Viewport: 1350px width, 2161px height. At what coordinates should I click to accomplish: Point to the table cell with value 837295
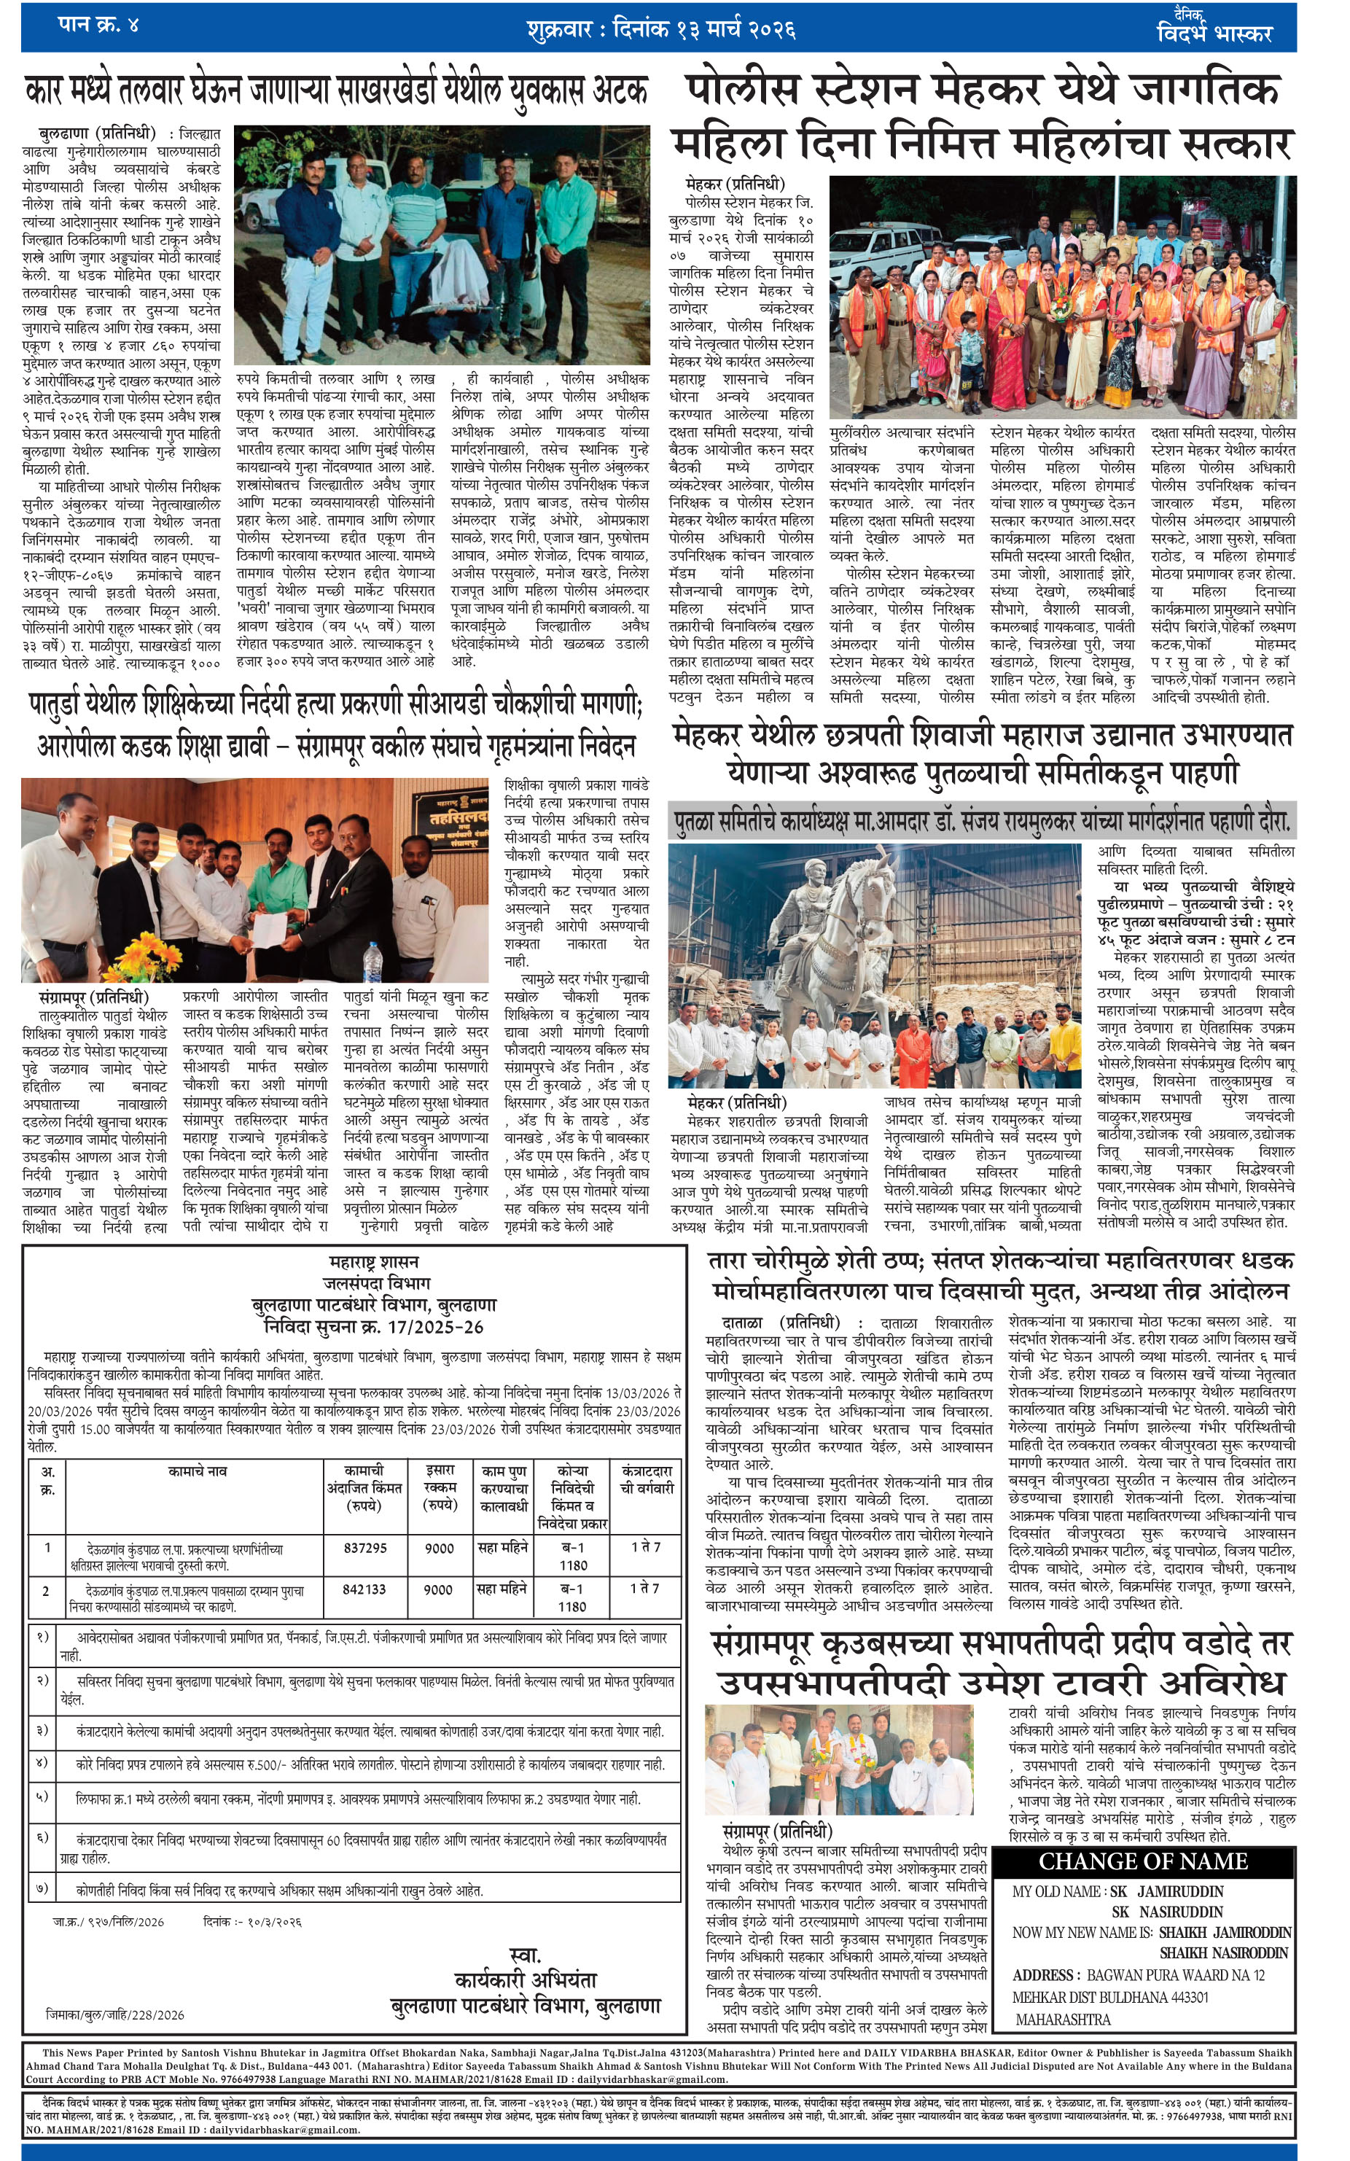[x=364, y=1548]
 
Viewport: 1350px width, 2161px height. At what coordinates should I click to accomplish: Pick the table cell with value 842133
[x=364, y=1589]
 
